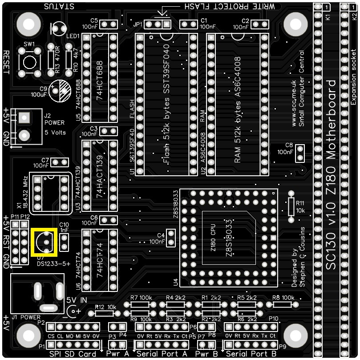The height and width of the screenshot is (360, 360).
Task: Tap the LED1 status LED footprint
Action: click(59, 29)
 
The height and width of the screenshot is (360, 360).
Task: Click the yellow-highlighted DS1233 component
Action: click(44, 243)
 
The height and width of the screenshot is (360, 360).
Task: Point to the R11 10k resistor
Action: click(292, 206)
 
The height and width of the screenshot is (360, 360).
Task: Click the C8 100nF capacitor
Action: click(300, 154)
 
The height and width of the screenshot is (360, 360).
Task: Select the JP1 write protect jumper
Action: click(158, 24)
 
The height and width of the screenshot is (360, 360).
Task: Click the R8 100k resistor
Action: click(282, 305)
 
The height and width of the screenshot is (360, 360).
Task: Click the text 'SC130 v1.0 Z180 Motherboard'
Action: click(331, 174)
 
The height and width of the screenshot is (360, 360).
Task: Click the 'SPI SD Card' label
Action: click(73, 354)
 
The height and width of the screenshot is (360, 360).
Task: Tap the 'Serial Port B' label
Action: click(251, 354)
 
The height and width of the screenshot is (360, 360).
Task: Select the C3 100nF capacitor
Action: click(109, 131)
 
